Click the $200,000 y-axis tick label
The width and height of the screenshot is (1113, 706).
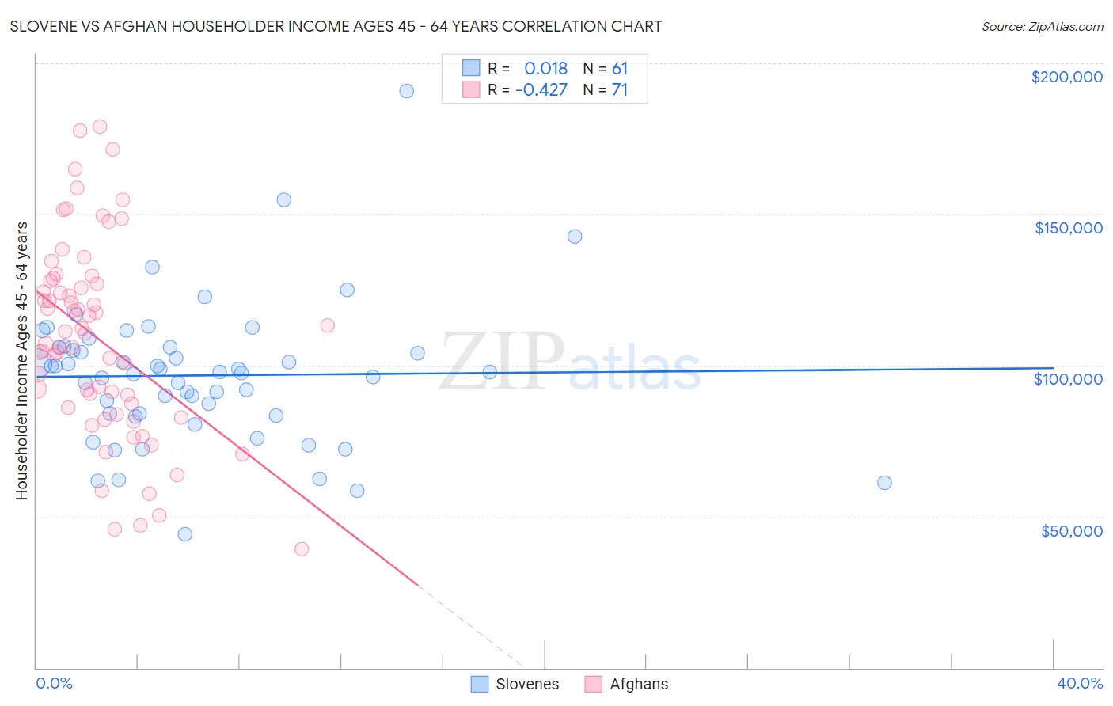click(1066, 77)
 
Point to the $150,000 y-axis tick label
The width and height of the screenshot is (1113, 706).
click(1068, 228)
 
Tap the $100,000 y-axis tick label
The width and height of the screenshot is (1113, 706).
click(1068, 379)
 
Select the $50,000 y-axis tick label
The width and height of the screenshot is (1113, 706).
click(1071, 530)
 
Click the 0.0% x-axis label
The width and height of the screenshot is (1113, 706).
click(54, 683)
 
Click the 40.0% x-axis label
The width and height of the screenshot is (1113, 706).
click(1079, 683)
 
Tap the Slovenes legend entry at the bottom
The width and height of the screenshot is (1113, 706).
click(526, 684)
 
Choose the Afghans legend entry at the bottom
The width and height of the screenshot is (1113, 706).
click(638, 684)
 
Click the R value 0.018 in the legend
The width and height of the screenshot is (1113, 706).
click(545, 69)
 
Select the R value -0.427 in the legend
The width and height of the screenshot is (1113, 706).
click(541, 89)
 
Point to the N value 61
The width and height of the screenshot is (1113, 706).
click(619, 69)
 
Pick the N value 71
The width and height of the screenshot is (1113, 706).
click(619, 89)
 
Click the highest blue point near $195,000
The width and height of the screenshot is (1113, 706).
click(406, 91)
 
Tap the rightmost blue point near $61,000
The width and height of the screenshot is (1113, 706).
click(884, 483)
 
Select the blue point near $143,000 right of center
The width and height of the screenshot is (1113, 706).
click(575, 237)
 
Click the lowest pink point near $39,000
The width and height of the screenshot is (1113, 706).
click(301, 549)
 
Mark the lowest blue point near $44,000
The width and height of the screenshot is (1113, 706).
click(184, 534)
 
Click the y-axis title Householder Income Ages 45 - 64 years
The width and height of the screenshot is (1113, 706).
click(21, 361)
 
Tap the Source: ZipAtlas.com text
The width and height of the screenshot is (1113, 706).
click(1042, 26)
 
